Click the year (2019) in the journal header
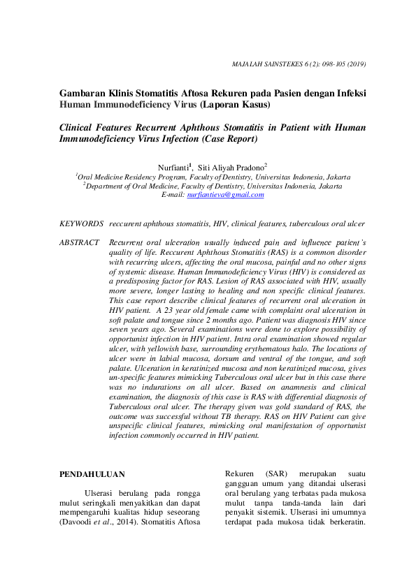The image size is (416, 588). (355, 64)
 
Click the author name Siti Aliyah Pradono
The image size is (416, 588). (231, 168)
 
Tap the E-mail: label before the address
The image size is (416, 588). (173, 195)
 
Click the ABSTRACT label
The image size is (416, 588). (79, 242)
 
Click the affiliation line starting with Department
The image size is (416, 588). (213, 186)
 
